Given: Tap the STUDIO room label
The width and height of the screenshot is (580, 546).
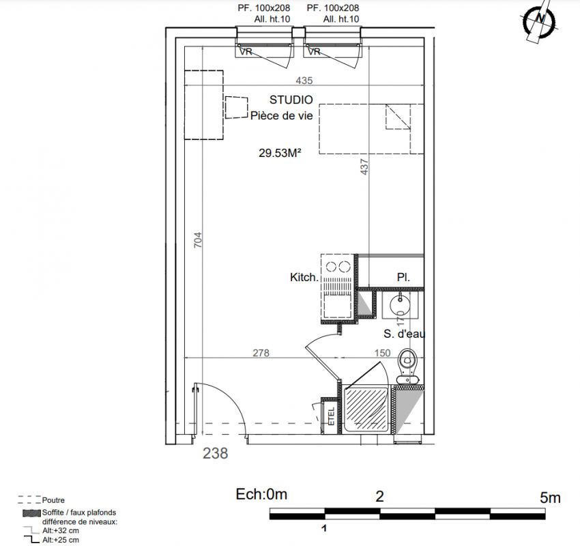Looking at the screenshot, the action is click(291, 100).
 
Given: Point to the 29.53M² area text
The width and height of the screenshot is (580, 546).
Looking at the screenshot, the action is click(280, 153).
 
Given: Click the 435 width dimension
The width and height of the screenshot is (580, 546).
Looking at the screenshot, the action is click(304, 81).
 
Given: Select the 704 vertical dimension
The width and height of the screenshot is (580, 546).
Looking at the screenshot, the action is click(199, 240).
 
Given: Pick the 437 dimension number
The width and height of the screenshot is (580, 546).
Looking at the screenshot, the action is click(364, 167).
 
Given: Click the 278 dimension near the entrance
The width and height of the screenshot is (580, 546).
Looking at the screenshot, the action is click(261, 353).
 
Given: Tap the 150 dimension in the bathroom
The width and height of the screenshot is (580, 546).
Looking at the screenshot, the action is click(382, 353).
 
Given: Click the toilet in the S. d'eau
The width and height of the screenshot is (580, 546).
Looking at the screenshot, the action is click(407, 366).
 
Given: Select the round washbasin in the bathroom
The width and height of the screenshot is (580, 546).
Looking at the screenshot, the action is click(400, 305).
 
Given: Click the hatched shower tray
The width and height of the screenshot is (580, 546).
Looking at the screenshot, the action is click(366, 409).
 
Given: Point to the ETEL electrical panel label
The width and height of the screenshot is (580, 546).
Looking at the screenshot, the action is click(332, 416).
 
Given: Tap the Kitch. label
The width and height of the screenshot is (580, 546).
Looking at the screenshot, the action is click(304, 278).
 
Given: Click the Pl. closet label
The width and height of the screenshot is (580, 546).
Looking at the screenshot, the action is click(403, 278).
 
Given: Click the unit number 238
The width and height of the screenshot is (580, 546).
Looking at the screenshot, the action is click(215, 453).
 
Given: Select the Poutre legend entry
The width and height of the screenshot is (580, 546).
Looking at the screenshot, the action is click(53, 500).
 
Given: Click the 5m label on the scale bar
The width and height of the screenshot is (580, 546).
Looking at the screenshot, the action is click(550, 498).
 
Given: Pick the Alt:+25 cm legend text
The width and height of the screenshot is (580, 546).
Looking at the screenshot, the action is click(61, 540).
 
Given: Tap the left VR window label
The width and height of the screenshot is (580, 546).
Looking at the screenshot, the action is click(246, 52).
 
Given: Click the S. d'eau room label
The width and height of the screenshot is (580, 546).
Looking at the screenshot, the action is click(405, 334).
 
